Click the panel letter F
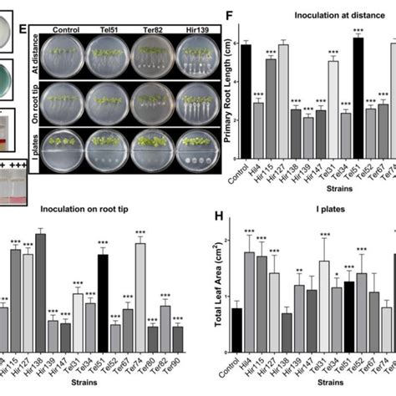coord(225,14)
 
